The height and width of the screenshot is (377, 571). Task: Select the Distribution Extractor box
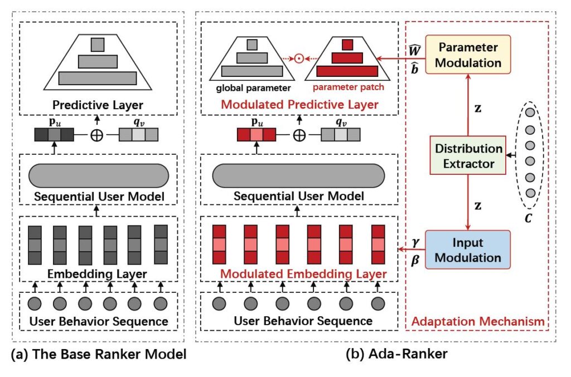(468, 156)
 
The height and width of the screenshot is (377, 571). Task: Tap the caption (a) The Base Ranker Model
(97, 355)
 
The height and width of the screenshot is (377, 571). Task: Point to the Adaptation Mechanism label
(477, 322)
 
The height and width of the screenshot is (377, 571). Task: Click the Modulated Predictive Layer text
(300, 104)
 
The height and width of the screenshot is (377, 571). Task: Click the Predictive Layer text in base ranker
(98, 105)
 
